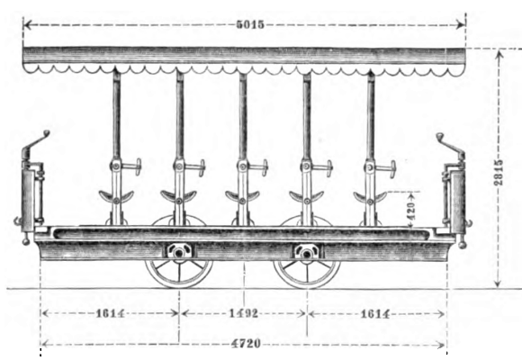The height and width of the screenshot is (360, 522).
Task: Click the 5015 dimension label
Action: click(250, 24)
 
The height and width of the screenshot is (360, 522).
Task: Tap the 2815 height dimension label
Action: click(499, 172)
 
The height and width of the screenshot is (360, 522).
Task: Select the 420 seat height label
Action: click(411, 211)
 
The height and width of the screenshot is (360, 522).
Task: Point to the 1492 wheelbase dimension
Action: click(244, 313)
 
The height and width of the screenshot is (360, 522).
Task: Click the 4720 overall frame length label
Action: click(246, 343)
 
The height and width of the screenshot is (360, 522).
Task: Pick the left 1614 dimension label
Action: click(110, 313)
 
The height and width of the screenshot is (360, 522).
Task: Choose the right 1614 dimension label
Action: click(375, 314)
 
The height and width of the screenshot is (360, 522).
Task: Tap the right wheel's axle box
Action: click(307, 252)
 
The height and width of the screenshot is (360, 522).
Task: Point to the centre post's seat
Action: click(242, 196)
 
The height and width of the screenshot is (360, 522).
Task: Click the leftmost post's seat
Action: click(116, 196)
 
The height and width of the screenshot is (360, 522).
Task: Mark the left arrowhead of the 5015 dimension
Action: click(28, 24)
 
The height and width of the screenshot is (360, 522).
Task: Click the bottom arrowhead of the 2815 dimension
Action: click(498, 283)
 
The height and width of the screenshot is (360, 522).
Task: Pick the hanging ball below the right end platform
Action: click(462, 245)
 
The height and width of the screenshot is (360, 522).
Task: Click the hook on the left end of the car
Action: click(17, 220)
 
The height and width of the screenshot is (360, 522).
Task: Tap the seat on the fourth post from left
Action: click(306, 196)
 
